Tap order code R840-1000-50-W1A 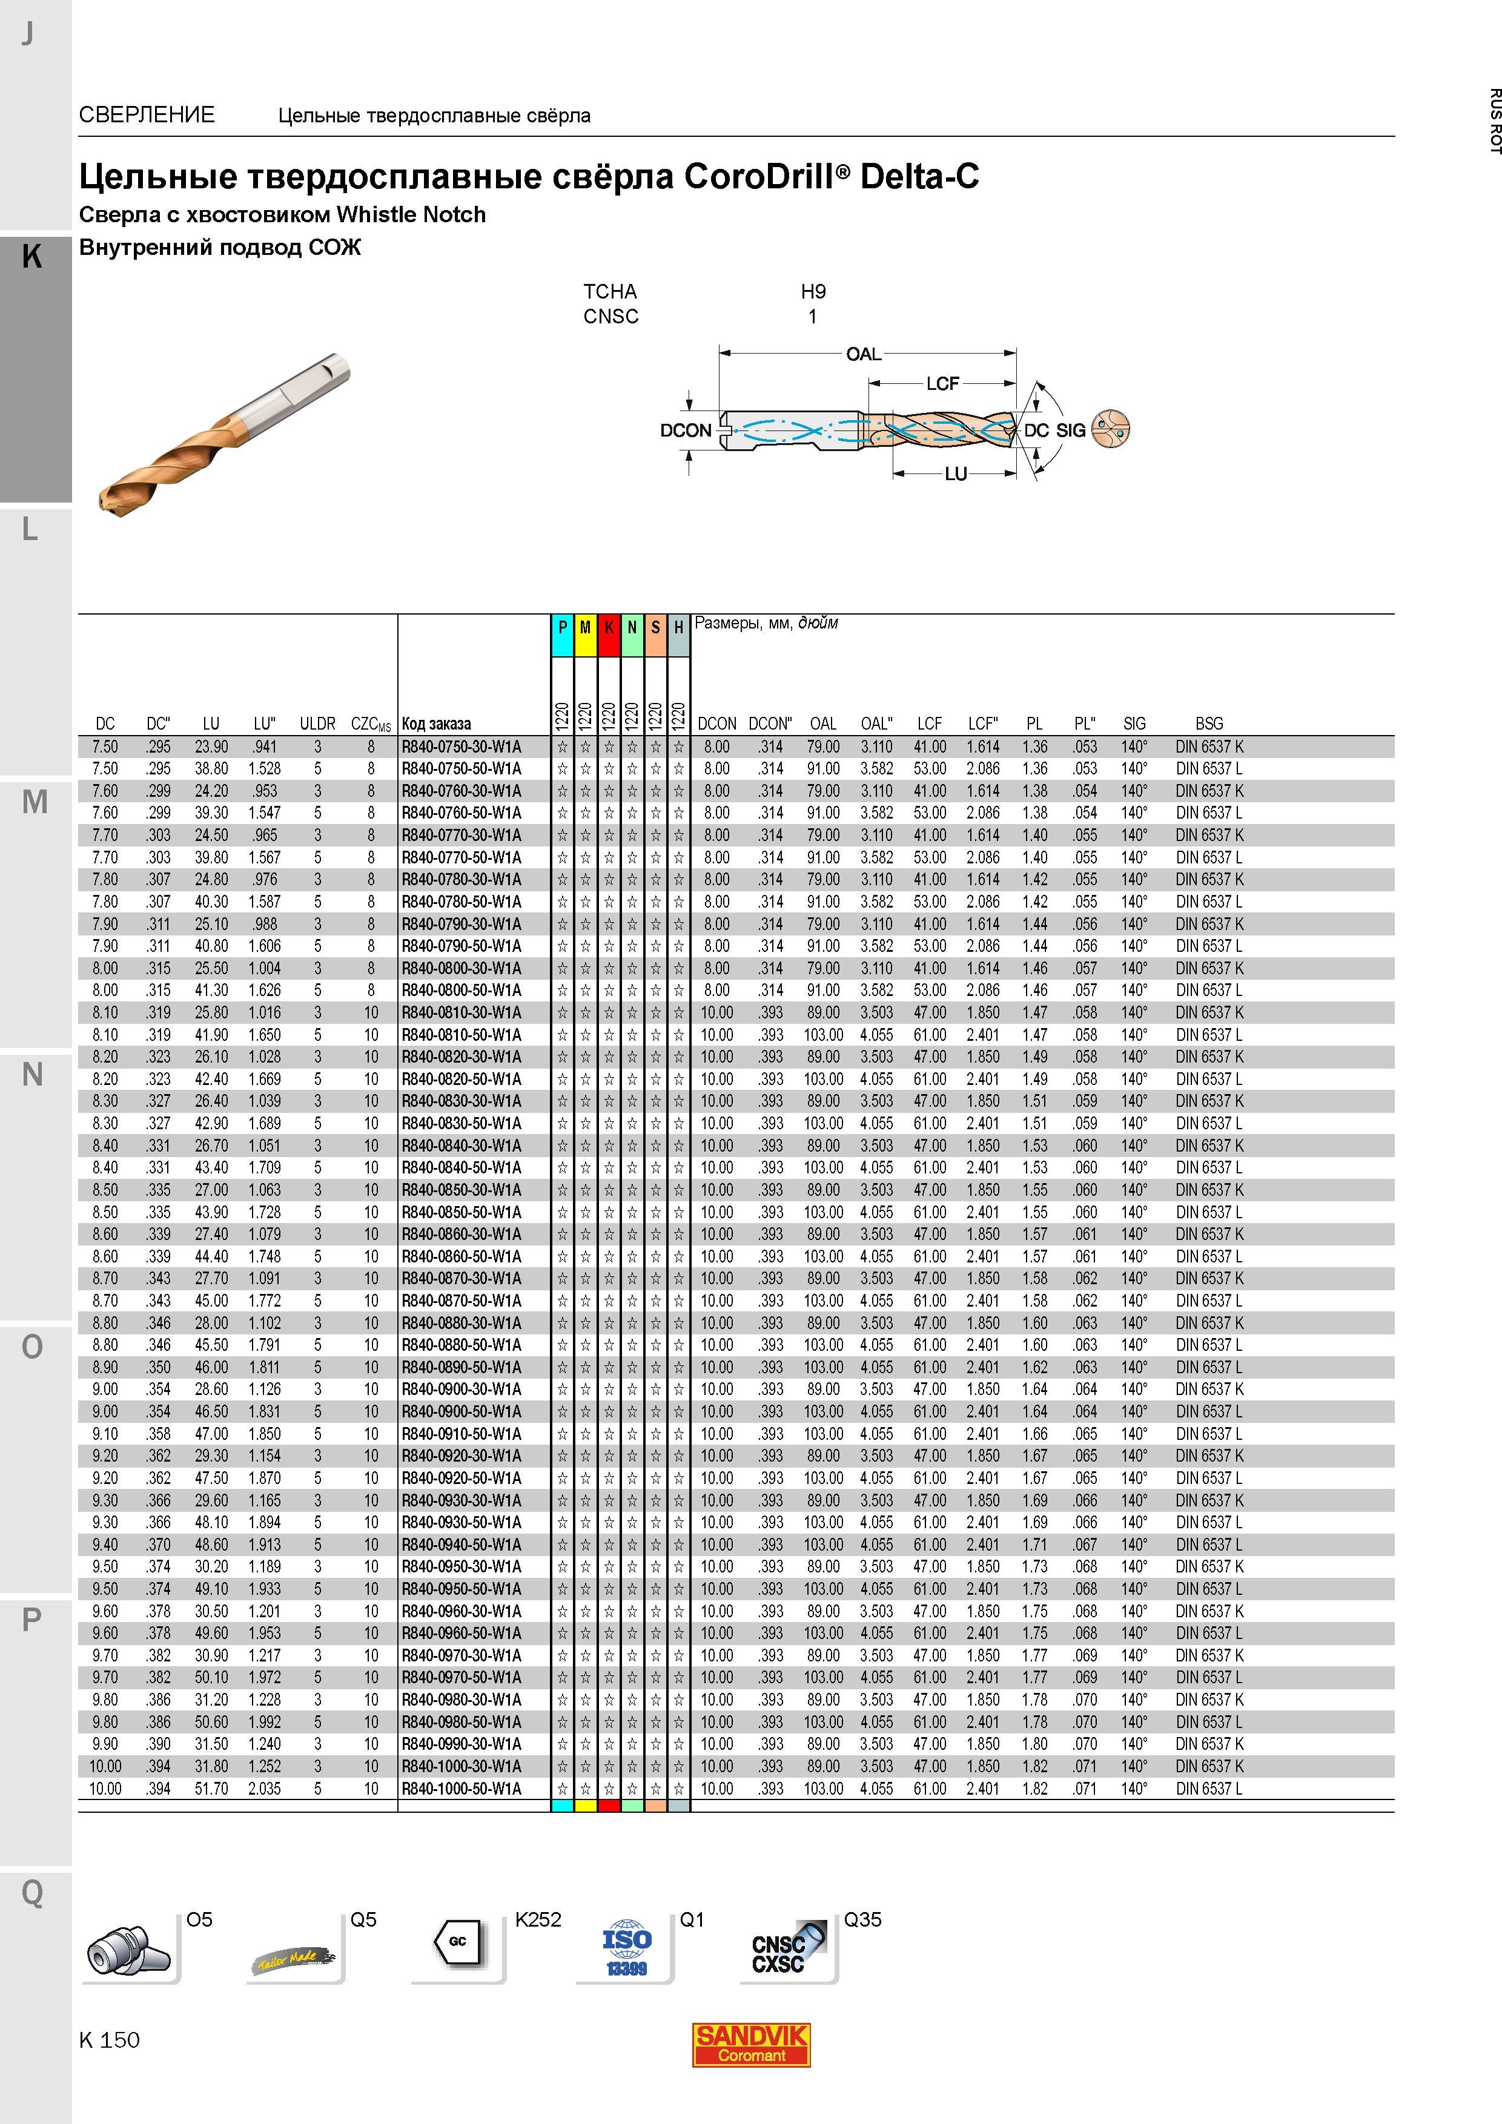click(461, 1788)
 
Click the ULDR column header click(317, 724)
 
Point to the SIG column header click(1134, 724)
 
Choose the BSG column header click(1209, 724)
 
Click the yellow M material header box click(585, 628)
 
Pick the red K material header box click(608, 628)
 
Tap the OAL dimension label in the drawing click(864, 354)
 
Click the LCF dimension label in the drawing click(943, 383)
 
